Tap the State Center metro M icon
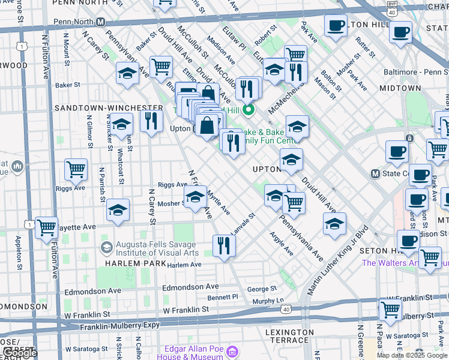[376, 174]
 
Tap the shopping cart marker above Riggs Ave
[76, 170]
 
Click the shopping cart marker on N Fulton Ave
[46, 227]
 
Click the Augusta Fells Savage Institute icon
[106, 247]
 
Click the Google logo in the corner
[19, 353]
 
